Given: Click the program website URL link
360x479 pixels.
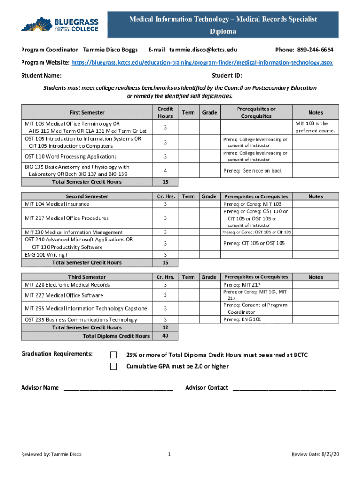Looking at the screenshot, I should (202, 62).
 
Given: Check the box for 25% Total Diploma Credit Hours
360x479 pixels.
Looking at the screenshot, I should (114, 355).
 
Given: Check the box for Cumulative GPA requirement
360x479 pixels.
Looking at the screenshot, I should (114, 366).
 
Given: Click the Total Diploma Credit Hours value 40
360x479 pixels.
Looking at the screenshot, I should (165, 336).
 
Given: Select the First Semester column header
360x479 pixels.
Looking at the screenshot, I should (87, 112).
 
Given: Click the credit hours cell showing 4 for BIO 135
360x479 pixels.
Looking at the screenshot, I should (165, 171).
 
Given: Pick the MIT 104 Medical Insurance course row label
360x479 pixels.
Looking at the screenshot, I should (57, 204).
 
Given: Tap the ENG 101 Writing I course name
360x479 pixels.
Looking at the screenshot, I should (46, 254).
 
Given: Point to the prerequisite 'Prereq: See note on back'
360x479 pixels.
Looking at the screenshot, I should (252, 171).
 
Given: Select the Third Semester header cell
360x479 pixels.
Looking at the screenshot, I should (87, 277).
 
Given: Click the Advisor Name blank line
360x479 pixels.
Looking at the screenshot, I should (118, 388).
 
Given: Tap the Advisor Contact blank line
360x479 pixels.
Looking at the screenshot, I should (284, 388).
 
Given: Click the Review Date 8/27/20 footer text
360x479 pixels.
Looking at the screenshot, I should (315, 454).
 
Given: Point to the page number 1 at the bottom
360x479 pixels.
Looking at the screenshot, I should (169, 454).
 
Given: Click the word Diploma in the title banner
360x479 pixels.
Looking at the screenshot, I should (223, 31).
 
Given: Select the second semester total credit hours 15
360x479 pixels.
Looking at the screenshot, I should (165, 263).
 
